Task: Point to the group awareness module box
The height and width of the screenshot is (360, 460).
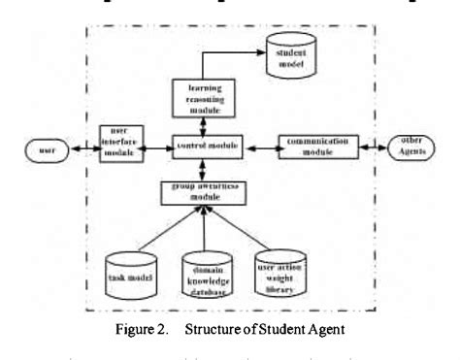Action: (201, 190)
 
